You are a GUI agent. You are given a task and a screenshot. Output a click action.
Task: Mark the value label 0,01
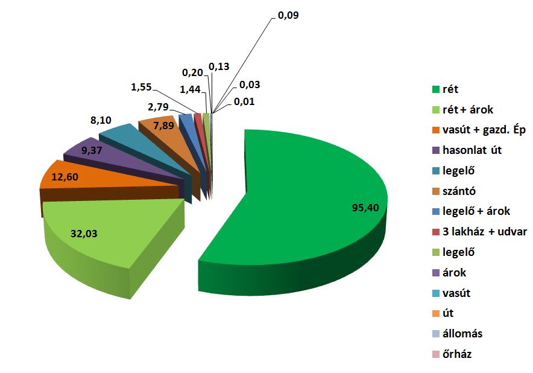coord(245,101)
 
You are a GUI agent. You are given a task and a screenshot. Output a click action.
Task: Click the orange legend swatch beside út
coord(437,314)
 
